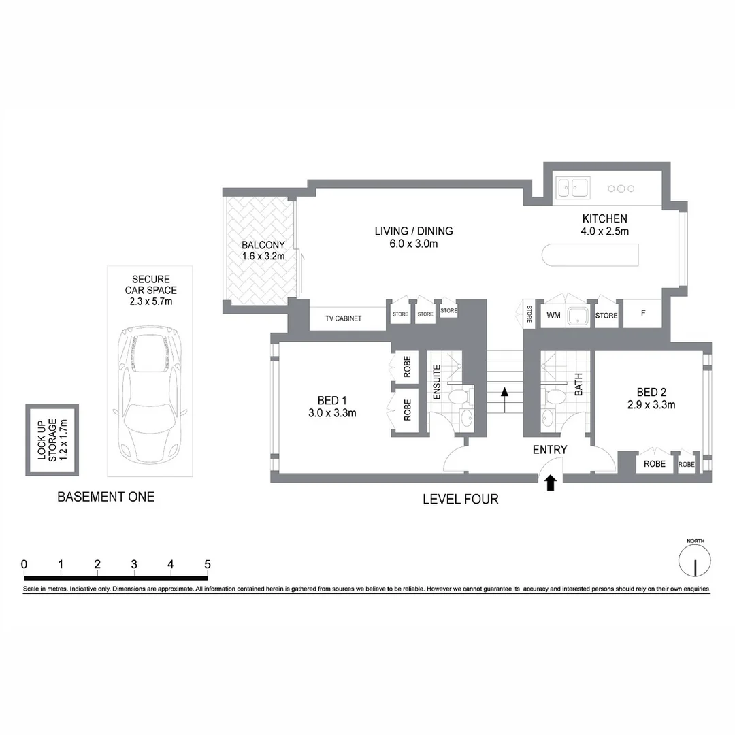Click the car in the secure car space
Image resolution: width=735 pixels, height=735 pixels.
(x=150, y=393)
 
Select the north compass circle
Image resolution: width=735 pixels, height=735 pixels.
(x=695, y=563)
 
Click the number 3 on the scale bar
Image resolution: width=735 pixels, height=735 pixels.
(x=134, y=564)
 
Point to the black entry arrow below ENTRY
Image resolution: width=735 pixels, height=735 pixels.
(x=551, y=483)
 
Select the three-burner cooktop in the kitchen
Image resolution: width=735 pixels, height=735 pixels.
(x=621, y=189)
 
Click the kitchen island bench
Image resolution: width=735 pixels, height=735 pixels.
(x=590, y=255)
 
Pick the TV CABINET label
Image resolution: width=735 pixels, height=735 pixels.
(x=343, y=318)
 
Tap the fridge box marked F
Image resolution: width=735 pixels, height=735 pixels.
(x=643, y=314)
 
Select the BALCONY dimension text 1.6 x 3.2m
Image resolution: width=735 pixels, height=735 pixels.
(x=263, y=257)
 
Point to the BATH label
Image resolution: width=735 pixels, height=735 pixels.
(x=578, y=385)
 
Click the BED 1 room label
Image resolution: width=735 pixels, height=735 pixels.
(x=333, y=399)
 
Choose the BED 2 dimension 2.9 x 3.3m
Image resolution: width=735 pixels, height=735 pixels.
(x=651, y=405)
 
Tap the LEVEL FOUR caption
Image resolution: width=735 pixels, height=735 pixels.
(x=460, y=500)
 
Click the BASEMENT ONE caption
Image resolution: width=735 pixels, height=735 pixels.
(x=105, y=497)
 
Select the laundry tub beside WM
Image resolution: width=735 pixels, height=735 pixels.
(x=579, y=316)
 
